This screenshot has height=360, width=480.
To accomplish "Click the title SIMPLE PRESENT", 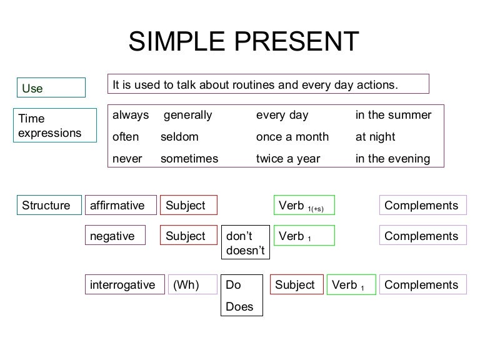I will click(x=244, y=42).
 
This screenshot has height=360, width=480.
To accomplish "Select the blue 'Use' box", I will click(x=51, y=88).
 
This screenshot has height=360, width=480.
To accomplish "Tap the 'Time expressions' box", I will click(x=56, y=125).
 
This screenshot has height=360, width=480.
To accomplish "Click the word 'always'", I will click(x=131, y=115).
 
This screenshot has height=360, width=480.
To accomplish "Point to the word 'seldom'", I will click(x=179, y=137).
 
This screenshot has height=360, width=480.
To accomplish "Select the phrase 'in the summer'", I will click(x=393, y=115).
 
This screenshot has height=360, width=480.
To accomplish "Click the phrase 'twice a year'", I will click(x=288, y=159).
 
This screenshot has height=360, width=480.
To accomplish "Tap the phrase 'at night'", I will click(x=376, y=137).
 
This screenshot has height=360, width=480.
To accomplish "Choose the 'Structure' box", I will click(x=48, y=206).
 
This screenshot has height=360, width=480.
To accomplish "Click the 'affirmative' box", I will click(x=119, y=206).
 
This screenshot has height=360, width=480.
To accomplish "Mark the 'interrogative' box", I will click(x=124, y=285).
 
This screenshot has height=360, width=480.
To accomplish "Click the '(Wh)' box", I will click(x=193, y=285).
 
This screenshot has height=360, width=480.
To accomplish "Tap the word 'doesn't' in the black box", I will click(x=245, y=251).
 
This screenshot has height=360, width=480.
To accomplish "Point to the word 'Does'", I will click(x=239, y=307).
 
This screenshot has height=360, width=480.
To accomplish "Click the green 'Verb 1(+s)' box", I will click(x=304, y=206).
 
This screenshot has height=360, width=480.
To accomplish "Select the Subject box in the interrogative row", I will click(x=296, y=285).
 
